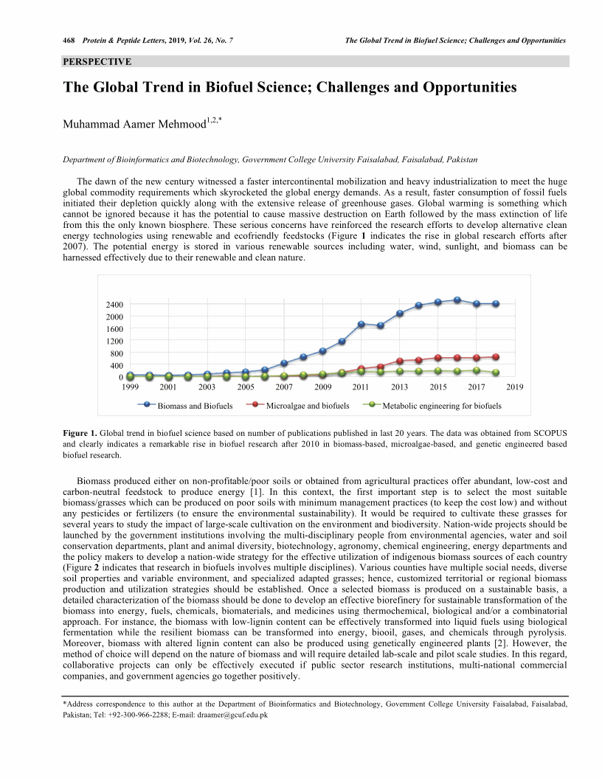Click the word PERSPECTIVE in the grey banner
pyautogui.click(x=97, y=61)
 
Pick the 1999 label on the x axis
pyautogui.click(x=130, y=387)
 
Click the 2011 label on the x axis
pyautogui.click(x=361, y=387)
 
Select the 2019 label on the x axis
pyautogui.click(x=515, y=387)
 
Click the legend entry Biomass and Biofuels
pyautogui.click(x=190, y=406)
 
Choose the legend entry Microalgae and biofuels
pyautogui.click(x=307, y=406)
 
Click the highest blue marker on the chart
pyautogui.click(x=457, y=300)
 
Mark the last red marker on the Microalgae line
pyautogui.click(x=496, y=357)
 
